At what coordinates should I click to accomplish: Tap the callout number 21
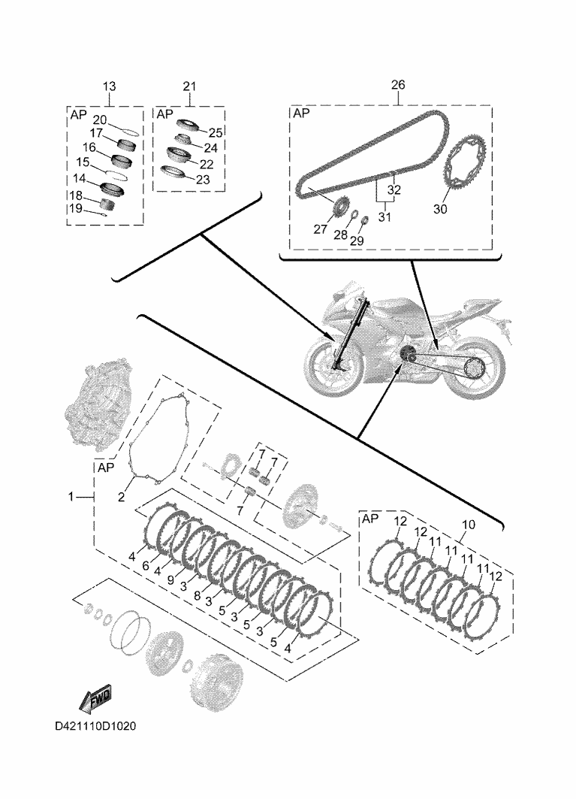click(189, 86)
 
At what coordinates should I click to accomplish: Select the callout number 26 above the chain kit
click(397, 85)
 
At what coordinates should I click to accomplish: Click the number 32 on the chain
click(394, 189)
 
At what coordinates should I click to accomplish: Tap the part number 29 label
click(356, 240)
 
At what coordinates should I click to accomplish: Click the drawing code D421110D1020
click(95, 728)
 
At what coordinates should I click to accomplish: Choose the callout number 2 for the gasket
click(120, 496)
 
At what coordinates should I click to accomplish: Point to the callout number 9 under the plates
click(170, 580)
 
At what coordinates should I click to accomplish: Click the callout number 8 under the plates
click(196, 595)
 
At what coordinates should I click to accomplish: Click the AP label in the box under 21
click(164, 113)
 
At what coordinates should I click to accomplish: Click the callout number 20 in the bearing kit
click(99, 120)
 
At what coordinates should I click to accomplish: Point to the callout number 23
click(203, 180)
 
